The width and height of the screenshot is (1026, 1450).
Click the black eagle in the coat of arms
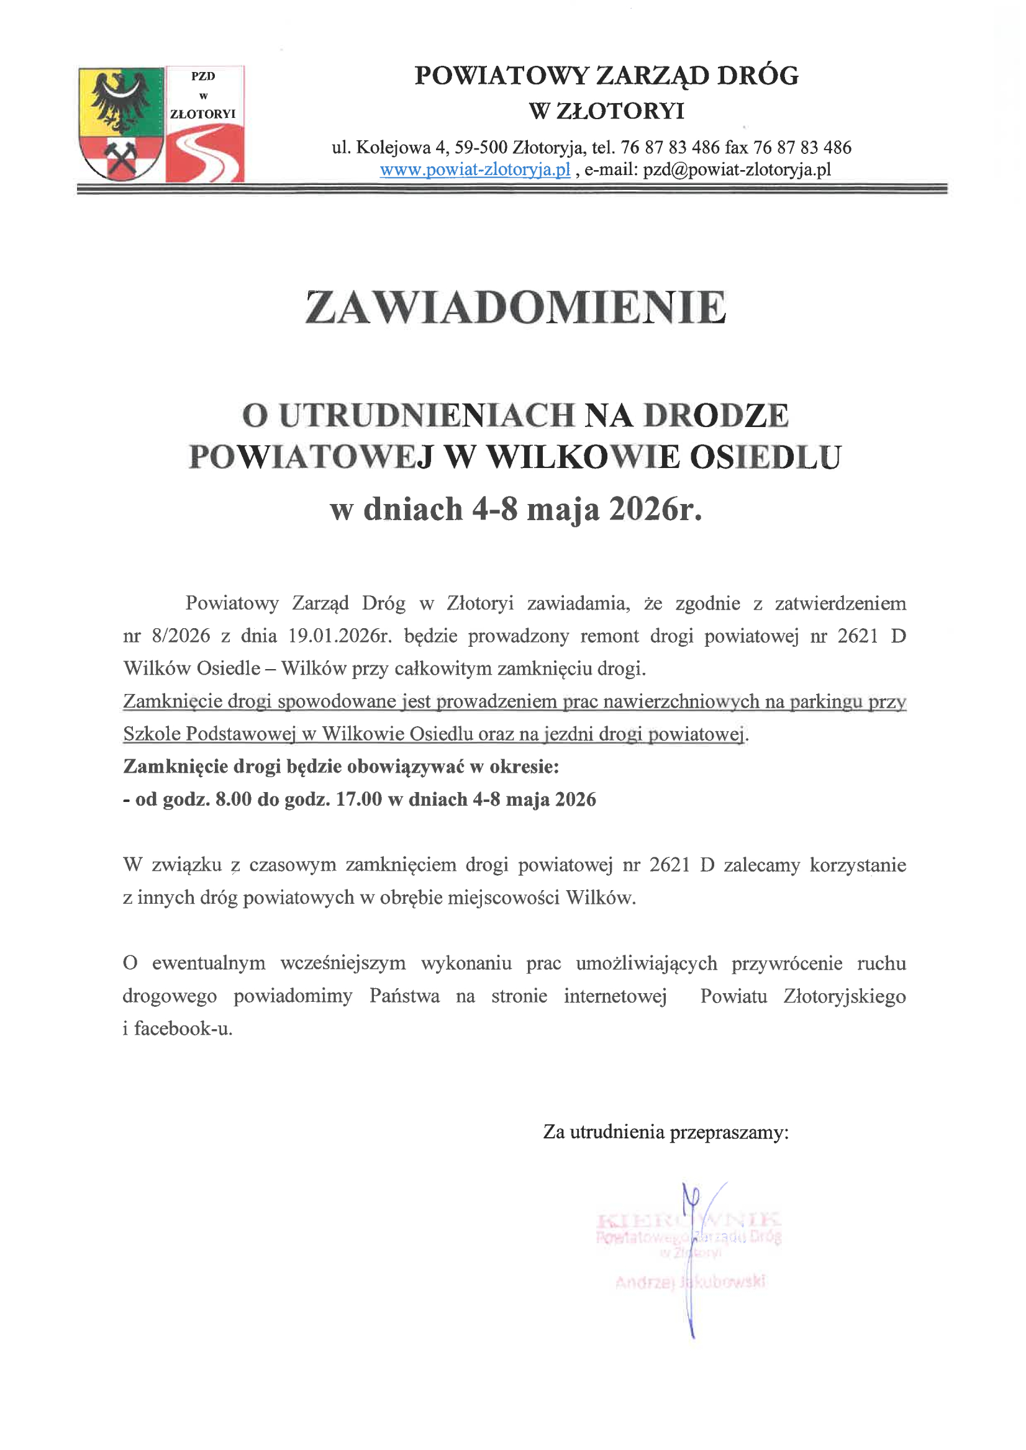(x=120, y=98)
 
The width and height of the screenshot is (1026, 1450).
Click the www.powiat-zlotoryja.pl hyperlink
(x=474, y=170)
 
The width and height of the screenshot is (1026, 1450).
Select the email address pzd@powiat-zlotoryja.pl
(x=737, y=170)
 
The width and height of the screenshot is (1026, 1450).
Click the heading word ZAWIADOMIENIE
(x=515, y=308)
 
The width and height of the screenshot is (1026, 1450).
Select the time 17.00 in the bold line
(x=359, y=799)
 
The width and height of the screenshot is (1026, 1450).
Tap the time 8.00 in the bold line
(x=234, y=799)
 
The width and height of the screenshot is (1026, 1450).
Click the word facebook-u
(x=183, y=1029)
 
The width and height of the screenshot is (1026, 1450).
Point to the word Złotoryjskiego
(x=844, y=996)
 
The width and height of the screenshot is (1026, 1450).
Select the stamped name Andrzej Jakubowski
(x=690, y=1281)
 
